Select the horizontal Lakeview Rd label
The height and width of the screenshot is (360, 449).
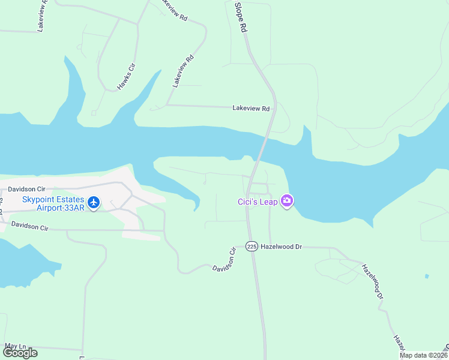[x=251, y=109]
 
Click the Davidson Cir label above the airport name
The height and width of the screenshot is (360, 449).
[x=27, y=189]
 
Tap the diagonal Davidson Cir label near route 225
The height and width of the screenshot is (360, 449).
[x=224, y=259]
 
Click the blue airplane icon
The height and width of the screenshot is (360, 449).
[x=94, y=203]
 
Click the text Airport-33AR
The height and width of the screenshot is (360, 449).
[x=61, y=209]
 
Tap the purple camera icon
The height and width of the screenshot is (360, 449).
[x=287, y=201]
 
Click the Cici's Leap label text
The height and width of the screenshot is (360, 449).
[x=257, y=202]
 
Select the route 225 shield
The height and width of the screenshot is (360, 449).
[x=252, y=246]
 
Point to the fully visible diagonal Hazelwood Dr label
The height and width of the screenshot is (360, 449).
[x=372, y=281]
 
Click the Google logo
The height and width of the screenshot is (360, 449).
[x=20, y=353]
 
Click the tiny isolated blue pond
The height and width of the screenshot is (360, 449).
[x=426, y=277]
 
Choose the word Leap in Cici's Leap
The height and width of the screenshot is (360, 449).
[x=268, y=202]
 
